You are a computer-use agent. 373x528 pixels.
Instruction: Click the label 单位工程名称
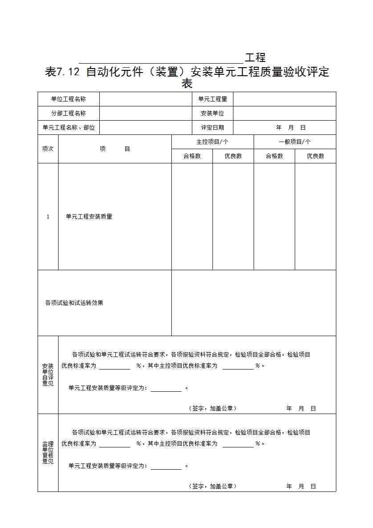point(69,99)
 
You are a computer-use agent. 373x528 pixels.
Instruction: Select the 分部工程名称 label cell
point(69,113)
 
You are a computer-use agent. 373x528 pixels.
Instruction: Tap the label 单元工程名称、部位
point(69,127)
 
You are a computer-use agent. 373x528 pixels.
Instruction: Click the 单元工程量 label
point(212,99)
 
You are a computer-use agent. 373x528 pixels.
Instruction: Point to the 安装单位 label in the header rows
point(212,113)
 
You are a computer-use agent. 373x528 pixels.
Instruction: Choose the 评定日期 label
point(212,127)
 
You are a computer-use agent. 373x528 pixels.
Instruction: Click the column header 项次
point(48,149)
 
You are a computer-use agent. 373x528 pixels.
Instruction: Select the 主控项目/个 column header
point(212,142)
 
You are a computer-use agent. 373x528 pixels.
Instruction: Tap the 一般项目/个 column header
point(295,142)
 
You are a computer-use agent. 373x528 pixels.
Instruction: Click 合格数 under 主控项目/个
point(192,156)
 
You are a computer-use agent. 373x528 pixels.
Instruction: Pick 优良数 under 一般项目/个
point(315,156)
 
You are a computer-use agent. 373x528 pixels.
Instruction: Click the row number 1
point(48,217)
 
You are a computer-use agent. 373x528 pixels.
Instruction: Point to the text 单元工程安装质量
point(89,217)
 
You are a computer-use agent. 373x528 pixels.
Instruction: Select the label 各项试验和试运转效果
point(74,303)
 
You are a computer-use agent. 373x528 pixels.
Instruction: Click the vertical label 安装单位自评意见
point(48,375)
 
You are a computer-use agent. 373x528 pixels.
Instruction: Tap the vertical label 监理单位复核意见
point(48,453)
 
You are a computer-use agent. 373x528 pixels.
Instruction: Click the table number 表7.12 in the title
point(63,72)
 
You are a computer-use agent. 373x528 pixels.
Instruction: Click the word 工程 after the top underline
point(255,57)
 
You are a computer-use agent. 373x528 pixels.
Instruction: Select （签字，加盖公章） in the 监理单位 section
point(212,486)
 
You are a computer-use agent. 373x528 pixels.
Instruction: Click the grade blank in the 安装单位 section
point(166,388)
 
